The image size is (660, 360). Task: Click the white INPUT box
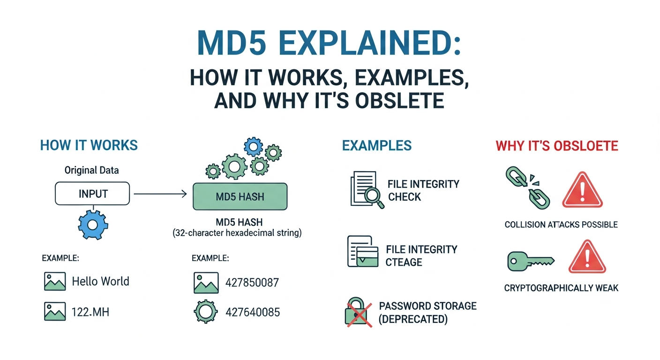(92, 194)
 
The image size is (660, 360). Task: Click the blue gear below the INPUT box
(92, 225)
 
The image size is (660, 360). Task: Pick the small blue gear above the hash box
(254, 147)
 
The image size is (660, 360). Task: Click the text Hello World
(100, 281)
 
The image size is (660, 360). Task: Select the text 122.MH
(90, 311)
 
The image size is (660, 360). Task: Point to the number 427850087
(252, 283)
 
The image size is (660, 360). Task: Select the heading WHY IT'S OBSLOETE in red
(557, 145)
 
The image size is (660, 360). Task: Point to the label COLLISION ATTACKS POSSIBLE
(561, 225)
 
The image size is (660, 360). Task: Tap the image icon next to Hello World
(54, 281)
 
